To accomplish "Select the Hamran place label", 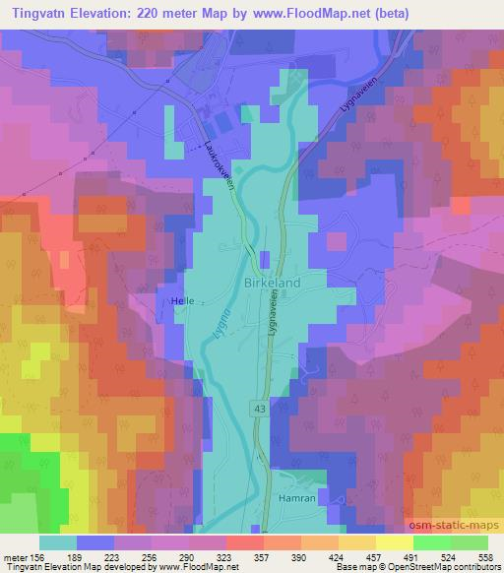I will tap(300, 501).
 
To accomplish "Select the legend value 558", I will tap(487, 556).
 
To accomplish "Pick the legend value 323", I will tap(226, 556).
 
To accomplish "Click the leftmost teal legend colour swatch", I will tap(57, 542).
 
